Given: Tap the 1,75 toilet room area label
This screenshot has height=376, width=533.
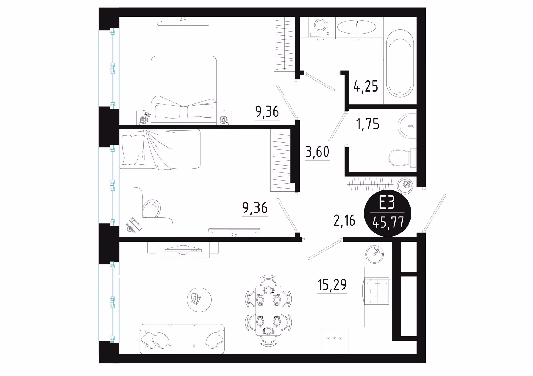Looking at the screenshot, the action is click(368, 124).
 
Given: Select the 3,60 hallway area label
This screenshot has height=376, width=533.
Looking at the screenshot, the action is click(317, 152).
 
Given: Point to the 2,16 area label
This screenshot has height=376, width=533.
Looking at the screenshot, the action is click(344, 221).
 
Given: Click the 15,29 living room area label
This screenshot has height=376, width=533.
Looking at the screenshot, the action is click(332, 285).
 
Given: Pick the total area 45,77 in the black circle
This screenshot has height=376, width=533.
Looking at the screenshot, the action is click(388, 222).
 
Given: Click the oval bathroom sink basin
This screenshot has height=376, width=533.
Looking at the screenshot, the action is click(356, 27).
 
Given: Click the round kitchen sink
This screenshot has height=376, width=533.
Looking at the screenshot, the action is click(374, 254).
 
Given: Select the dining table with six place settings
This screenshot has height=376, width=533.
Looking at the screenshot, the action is click(268, 311).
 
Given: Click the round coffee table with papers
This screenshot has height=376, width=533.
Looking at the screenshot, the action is click(199, 300).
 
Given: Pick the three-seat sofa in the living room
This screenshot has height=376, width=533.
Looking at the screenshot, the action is click(182, 339).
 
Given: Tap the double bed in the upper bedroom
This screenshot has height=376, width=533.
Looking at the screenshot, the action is click(184, 90).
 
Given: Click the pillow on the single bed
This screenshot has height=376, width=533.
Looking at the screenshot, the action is click(133, 150).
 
